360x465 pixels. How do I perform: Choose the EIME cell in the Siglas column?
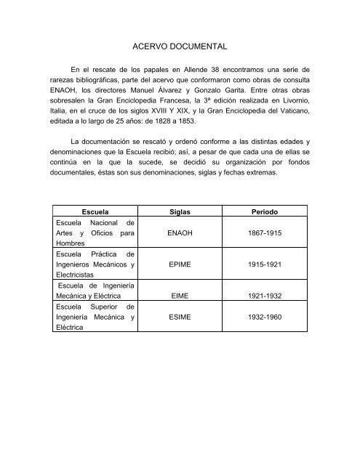tap(179, 296)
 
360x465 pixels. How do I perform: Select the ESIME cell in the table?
tap(179, 318)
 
